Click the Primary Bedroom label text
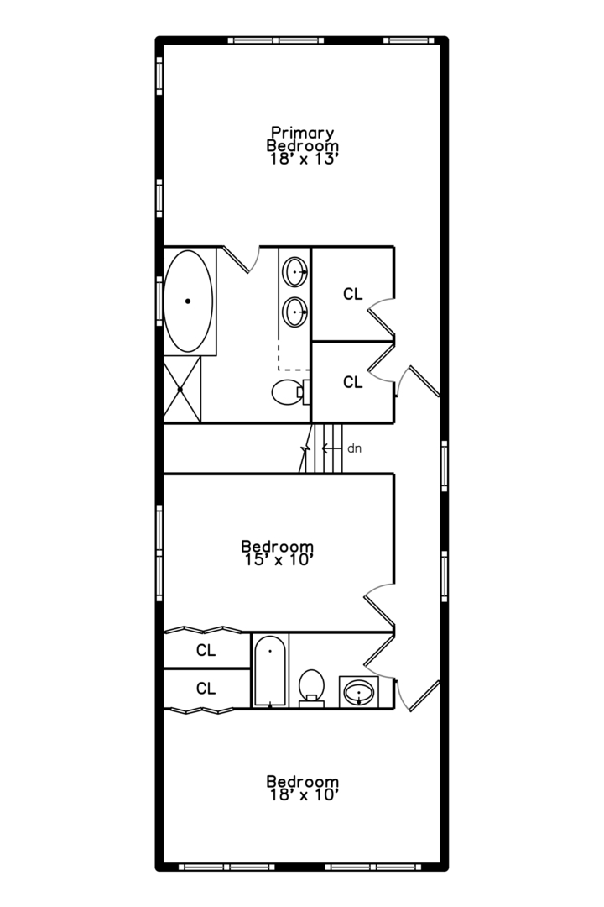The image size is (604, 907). [x=302, y=139]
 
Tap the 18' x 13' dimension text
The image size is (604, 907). [x=302, y=160]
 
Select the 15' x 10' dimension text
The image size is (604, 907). [x=278, y=560]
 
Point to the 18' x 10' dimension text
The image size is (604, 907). [x=303, y=795]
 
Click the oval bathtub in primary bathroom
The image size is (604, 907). [x=188, y=301]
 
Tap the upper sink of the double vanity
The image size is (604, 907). [x=294, y=271]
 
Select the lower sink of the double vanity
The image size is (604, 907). [x=294, y=312]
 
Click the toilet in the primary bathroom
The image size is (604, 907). [x=291, y=392]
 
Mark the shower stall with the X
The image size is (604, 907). [x=182, y=390]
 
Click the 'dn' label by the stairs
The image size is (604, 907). [x=354, y=448]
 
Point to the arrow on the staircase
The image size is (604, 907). [x=331, y=448]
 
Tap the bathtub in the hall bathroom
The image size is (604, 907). [x=270, y=671]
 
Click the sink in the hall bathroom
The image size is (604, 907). [x=359, y=691]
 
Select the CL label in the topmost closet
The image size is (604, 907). [x=352, y=295]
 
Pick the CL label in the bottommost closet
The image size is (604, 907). [x=206, y=689]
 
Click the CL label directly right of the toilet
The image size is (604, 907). [x=352, y=382]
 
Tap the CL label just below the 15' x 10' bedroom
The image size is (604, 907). [x=206, y=651]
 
